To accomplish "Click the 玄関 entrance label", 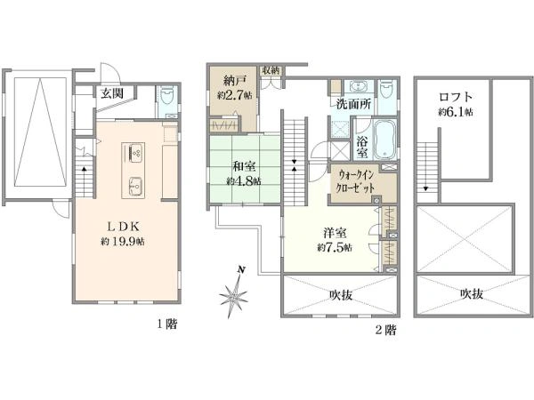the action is click(x=112, y=92).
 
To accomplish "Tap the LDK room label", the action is click(x=123, y=226).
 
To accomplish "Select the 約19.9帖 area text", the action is click(x=123, y=242).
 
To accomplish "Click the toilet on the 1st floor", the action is click(x=166, y=96).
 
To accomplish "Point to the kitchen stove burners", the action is click(x=135, y=153).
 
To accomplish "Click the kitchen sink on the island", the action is click(x=136, y=187).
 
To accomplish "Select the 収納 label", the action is click(x=271, y=70).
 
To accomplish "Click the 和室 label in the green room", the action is click(x=244, y=167).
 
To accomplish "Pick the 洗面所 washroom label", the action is click(x=353, y=103).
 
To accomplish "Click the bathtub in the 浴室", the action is click(x=385, y=140).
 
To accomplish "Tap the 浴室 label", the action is click(x=362, y=147).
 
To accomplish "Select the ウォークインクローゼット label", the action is click(x=355, y=181).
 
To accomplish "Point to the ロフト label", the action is click(x=456, y=97).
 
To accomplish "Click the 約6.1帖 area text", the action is click(x=456, y=112).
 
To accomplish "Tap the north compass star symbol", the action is click(x=234, y=295).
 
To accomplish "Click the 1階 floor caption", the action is click(x=167, y=324).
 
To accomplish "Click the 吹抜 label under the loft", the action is click(x=472, y=293).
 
